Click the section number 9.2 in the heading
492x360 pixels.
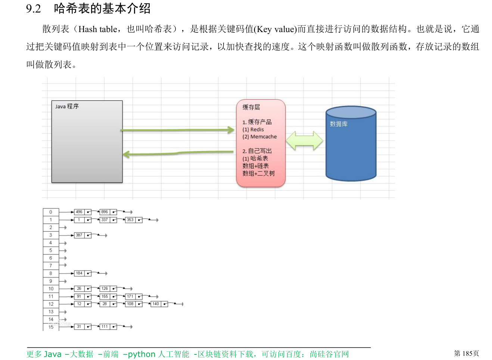(x=33, y=9)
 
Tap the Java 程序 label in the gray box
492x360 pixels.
(x=67, y=106)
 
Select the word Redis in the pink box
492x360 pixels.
(x=257, y=129)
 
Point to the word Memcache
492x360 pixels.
(x=264, y=137)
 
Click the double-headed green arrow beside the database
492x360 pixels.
(x=304, y=141)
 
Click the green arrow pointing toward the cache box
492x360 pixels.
(x=177, y=130)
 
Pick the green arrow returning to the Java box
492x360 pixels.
(x=177, y=153)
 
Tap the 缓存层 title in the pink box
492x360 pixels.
(x=251, y=107)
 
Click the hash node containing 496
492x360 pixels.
(x=79, y=212)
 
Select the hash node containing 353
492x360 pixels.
(x=130, y=220)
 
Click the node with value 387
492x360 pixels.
(x=79, y=235)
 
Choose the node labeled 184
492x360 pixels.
(x=79, y=273)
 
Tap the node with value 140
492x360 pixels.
(x=156, y=304)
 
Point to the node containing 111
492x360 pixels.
(x=105, y=326)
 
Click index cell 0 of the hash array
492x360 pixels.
(x=51, y=212)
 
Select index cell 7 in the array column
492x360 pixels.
(x=51, y=266)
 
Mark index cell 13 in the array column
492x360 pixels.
(x=51, y=312)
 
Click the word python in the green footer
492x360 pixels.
(x=141, y=354)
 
